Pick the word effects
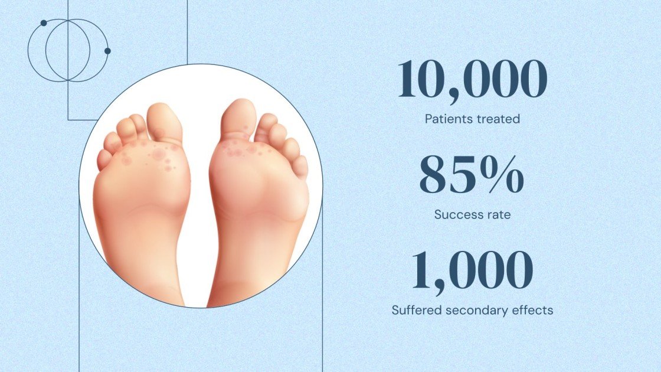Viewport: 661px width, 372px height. (x=533, y=309)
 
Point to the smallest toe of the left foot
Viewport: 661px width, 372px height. (x=104, y=159)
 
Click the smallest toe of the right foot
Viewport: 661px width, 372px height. (x=300, y=167)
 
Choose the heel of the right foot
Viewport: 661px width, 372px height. (x=236, y=283)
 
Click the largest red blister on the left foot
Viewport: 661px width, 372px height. (x=159, y=155)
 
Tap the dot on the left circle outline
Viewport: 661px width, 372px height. (x=44, y=23)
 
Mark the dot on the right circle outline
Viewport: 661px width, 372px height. (x=107, y=51)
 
